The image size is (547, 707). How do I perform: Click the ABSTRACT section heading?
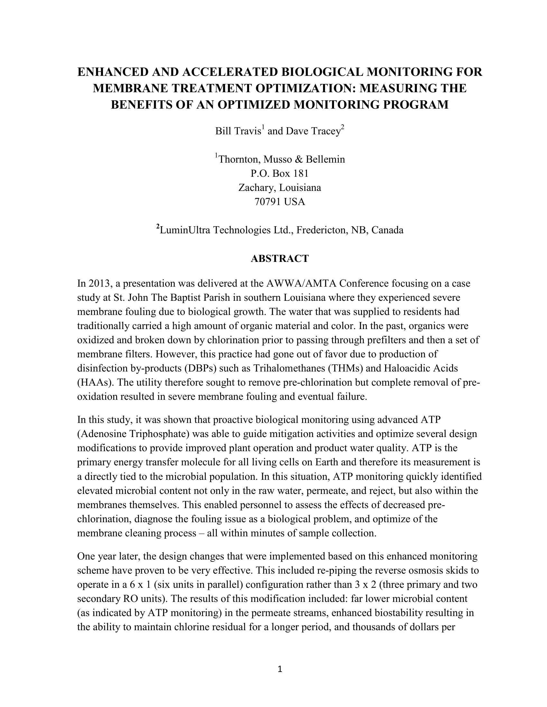280,259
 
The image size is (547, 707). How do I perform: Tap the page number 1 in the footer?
280,669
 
